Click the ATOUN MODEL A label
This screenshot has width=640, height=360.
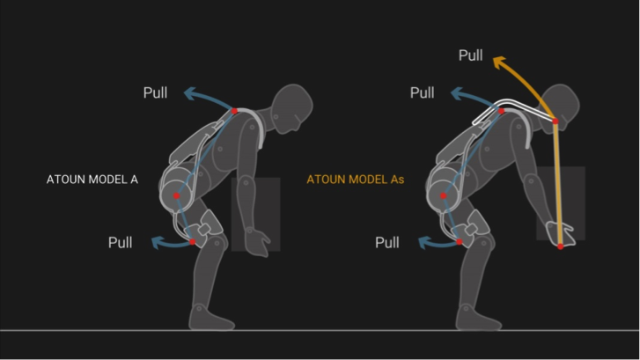92,180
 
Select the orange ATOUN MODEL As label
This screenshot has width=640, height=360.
355,180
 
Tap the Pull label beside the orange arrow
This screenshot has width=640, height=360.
471,55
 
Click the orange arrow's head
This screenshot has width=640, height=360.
500,62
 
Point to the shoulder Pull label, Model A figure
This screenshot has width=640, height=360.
155,92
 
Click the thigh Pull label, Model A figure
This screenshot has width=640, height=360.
120,242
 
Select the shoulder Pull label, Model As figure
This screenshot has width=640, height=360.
422,92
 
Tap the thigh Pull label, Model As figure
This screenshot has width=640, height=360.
387,242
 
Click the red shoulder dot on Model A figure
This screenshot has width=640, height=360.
234,111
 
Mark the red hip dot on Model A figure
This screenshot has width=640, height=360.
176,195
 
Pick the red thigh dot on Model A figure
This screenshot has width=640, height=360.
192,242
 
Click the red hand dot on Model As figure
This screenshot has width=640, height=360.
561,246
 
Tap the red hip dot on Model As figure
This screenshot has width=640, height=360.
444,195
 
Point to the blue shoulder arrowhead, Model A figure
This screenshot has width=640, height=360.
189,93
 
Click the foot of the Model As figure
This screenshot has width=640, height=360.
477,319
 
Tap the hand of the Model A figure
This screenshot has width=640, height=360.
258,242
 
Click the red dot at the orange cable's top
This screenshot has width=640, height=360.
555,121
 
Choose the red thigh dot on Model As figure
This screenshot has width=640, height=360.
460,242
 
